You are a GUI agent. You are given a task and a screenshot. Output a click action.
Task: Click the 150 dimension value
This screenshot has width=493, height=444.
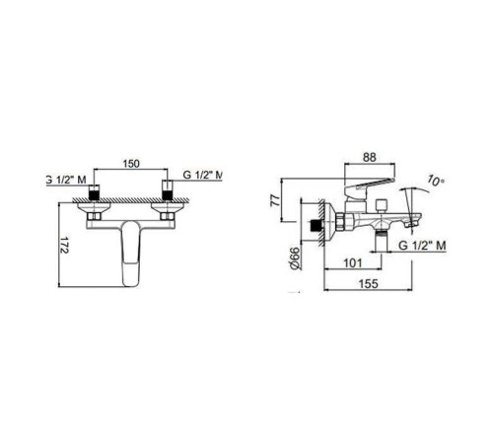[x=131, y=164]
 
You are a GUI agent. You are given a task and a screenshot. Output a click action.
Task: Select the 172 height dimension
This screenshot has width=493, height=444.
[x=64, y=245]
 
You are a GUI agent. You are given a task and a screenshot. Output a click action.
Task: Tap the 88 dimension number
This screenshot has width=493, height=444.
[x=369, y=157]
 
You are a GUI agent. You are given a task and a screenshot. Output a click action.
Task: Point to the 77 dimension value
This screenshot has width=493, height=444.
[x=275, y=200]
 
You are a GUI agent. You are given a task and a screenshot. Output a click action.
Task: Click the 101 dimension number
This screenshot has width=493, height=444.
[x=353, y=263]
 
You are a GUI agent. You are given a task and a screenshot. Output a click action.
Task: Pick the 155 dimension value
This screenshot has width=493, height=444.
[x=369, y=283]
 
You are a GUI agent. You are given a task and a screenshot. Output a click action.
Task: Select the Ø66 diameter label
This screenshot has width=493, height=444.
[x=295, y=259]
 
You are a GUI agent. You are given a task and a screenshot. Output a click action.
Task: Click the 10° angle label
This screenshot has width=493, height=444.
[x=436, y=181]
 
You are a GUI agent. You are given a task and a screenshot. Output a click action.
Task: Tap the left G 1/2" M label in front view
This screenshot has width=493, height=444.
[x=66, y=180]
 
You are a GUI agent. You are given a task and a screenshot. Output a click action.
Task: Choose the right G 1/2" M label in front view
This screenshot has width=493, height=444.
[x=203, y=175]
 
